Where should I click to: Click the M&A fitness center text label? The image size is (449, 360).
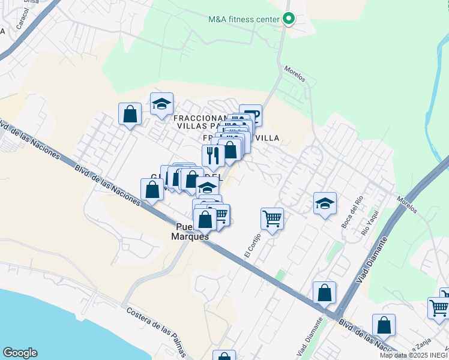pyautogui.click(x=244, y=19)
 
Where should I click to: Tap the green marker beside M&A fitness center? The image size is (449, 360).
pyautogui.click(x=289, y=19)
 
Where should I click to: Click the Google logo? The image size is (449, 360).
pyautogui.click(x=20, y=353)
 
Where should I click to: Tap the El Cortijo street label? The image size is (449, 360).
pyautogui.click(x=253, y=245)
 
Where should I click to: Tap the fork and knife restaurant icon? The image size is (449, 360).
pyautogui.click(x=212, y=155)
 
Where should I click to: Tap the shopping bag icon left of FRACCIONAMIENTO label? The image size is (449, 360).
pyautogui.click(x=130, y=114)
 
